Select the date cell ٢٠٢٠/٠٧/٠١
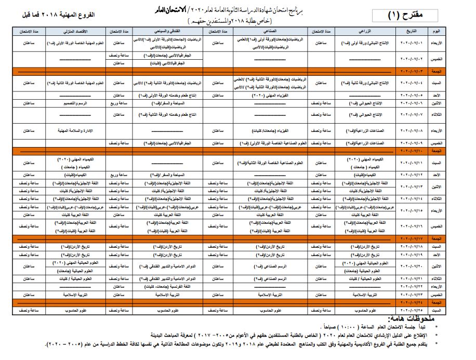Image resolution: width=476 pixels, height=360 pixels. (x=411, y=43)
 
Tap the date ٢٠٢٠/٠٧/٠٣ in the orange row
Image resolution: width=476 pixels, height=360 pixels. (x=411, y=71)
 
